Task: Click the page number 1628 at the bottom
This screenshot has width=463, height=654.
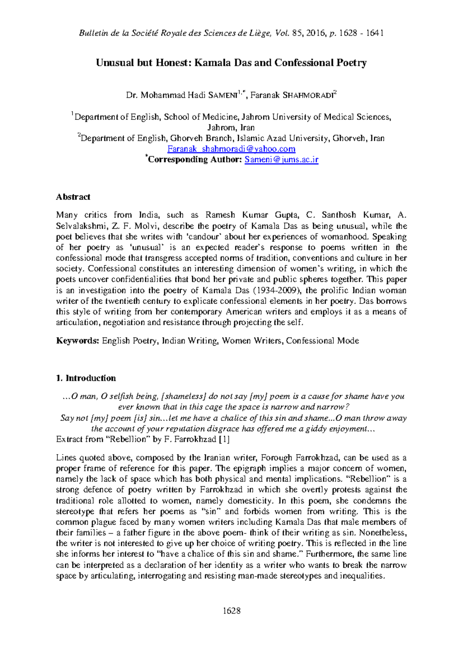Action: [231, 610]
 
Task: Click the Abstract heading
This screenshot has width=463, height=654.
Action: [73, 197]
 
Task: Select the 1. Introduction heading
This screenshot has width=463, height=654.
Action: [86, 378]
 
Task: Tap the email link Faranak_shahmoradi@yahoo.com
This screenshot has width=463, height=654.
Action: [231, 149]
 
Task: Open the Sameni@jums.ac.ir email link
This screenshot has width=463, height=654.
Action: [281, 160]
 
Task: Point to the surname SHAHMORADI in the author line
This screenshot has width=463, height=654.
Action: [308, 96]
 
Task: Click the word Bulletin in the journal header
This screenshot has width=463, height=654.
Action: [93, 33]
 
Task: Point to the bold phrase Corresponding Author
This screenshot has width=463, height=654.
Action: [194, 160]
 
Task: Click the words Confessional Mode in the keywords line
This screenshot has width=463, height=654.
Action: [322, 340]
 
